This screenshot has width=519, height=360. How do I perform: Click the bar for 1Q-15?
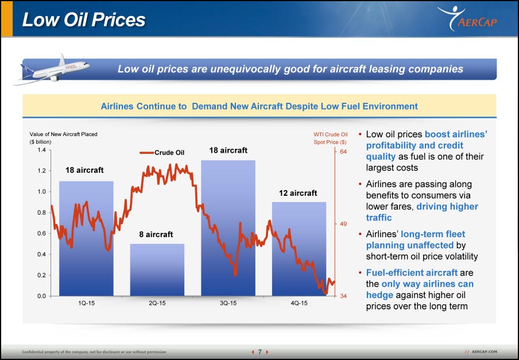click(86, 238)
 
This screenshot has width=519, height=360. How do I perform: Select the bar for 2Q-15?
click(157, 270)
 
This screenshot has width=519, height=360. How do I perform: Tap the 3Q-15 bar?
click(228, 228)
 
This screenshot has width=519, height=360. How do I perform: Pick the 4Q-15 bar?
click(299, 249)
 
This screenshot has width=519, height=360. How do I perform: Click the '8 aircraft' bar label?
click(156, 234)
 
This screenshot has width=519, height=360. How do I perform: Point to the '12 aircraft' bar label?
click(298, 193)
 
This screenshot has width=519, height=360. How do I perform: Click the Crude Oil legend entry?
click(162, 153)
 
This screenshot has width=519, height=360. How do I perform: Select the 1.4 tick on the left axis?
click(41, 150)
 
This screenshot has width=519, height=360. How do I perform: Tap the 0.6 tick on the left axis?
click(41, 233)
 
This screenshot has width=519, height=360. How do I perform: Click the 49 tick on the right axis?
click(343, 224)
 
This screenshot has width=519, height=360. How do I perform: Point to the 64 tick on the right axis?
click(343, 152)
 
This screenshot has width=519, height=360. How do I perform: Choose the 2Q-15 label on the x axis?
click(157, 303)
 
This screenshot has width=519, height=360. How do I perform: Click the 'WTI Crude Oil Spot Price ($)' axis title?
click(330, 138)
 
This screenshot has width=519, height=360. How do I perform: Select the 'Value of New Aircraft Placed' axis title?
click(63, 134)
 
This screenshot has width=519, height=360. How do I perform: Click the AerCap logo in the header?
click(467, 18)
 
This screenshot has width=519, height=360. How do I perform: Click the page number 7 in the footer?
click(260, 352)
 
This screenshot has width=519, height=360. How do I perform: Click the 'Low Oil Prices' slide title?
click(84, 20)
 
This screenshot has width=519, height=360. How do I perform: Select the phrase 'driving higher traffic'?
click(422, 212)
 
